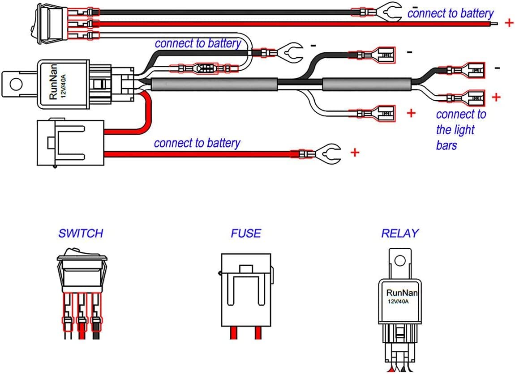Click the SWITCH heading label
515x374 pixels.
pos(81,233)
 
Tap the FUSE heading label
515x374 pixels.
pos(246,233)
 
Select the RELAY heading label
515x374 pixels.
pos(400,233)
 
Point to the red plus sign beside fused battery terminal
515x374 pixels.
pos(355,153)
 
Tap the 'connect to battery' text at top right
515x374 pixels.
pos(450,13)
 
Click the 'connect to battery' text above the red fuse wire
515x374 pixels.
pos(197,143)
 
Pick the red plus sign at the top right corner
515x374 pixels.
pos(509,23)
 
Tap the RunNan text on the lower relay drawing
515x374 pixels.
pos(402,293)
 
